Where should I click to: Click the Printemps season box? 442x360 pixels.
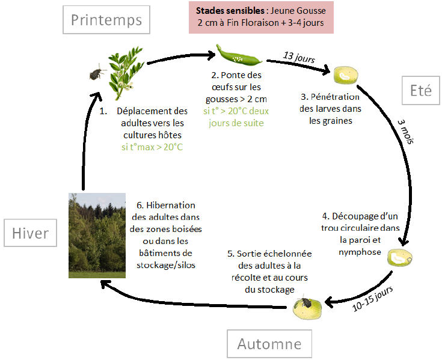[106, 20]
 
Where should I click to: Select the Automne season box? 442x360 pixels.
[269, 344]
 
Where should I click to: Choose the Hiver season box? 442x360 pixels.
[30, 233]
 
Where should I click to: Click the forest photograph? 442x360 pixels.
[97, 235]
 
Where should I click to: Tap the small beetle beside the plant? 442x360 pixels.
[95, 73]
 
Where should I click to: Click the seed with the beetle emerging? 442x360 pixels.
[307, 308]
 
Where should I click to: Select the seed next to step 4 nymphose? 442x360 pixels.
[398, 258]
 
